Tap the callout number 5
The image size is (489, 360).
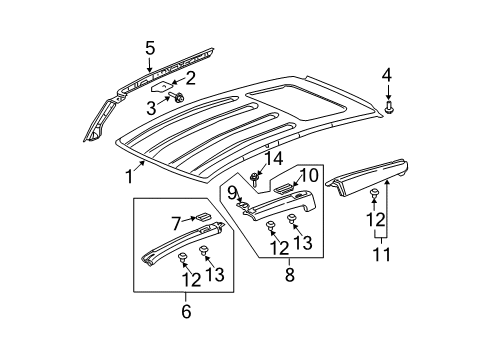[150, 47]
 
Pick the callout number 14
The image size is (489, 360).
[272, 158]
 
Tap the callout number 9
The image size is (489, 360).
[231, 192]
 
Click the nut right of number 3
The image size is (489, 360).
[178, 98]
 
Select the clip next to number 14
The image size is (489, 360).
[256, 178]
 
